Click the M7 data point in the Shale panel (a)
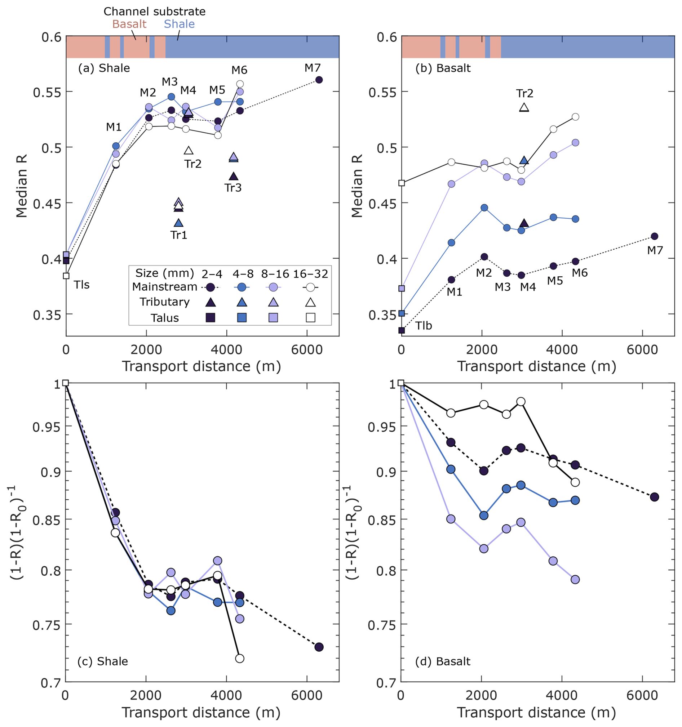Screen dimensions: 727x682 click(x=319, y=80)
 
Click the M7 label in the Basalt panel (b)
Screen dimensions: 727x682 click(x=655, y=250)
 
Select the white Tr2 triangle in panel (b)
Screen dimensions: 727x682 click(x=524, y=107)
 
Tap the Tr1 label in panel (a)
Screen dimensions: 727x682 click(x=178, y=235)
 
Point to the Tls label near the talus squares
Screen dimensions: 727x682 click(x=81, y=285)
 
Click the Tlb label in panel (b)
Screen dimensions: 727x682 click(x=423, y=325)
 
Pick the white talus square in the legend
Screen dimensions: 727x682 click(x=310, y=317)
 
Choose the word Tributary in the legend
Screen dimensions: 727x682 click(x=165, y=302)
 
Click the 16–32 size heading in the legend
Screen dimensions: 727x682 click(x=311, y=273)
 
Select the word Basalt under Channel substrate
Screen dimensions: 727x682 click(x=129, y=24)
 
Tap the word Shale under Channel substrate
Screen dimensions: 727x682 click(x=179, y=24)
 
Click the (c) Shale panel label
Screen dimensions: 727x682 click(x=103, y=661)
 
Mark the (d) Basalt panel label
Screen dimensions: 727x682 click(x=443, y=661)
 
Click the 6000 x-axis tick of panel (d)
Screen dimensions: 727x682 click(x=642, y=695)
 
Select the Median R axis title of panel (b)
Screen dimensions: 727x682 click(x=357, y=186)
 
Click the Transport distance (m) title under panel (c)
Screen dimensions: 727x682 click(x=201, y=712)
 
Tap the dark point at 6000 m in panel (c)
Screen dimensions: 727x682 click(x=319, y=647)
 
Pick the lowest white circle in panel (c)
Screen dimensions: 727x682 click(x=240, y=658)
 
